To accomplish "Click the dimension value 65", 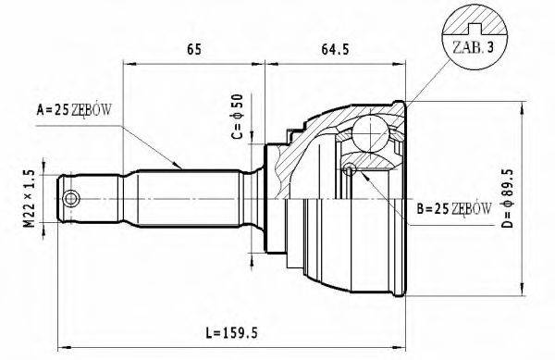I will pyautogui.click(x=195, y=50).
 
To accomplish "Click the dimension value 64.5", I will pyautogui.click(x=338, y=50).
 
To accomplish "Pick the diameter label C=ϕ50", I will pyautogui.click(x=237, y=116).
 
